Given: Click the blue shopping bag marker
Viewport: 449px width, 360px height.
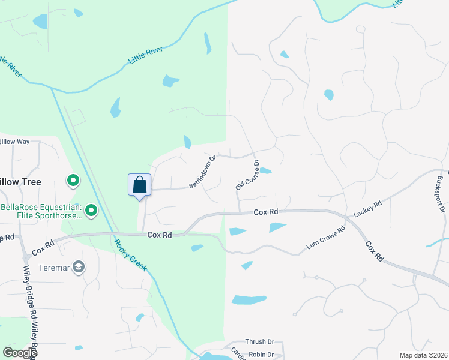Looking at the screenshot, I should pos(139,184).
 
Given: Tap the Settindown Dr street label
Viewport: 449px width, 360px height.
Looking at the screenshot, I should pos(202,173).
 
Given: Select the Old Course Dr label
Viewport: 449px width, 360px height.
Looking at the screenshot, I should pos(247,176).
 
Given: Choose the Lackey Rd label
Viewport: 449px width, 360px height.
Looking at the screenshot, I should pos(368,209).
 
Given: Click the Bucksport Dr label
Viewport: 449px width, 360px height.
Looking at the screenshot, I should pos(441,194).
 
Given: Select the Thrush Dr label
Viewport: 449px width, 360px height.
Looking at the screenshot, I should pos(259,341).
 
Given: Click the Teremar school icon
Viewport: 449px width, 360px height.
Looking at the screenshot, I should pos(78,267).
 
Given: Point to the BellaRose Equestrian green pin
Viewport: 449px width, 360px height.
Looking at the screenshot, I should pos(91,210).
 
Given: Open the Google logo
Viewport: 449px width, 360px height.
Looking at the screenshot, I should pos(20,353).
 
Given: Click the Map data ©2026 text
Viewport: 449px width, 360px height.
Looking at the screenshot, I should pos(423,355).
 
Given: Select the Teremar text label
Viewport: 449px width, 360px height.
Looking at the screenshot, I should pos(52,268).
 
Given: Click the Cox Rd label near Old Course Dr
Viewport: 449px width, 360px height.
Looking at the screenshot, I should pos(265,212).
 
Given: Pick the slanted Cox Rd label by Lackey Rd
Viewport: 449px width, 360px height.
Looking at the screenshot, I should pos(373,251).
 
